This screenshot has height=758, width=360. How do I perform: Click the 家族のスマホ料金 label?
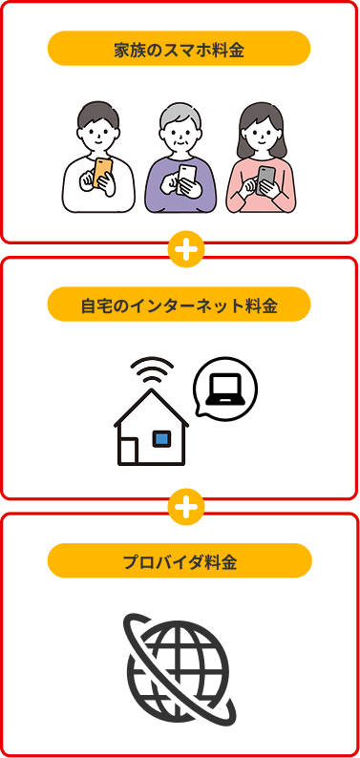(179, 49)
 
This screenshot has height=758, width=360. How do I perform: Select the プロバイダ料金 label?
(179, 561)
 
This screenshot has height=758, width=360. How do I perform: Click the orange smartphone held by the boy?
(102, 173)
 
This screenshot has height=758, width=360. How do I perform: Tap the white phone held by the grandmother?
(187, 176)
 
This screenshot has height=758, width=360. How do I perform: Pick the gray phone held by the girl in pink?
(266, 178)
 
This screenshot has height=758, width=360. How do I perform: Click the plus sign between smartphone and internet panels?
(186, 249)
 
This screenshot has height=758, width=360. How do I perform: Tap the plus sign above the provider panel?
(186, 506)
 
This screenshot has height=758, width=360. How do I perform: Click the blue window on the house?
(161, 438)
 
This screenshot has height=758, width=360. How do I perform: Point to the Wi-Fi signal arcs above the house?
(152, 371)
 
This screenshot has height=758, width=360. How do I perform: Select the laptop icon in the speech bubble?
(225, 388)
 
